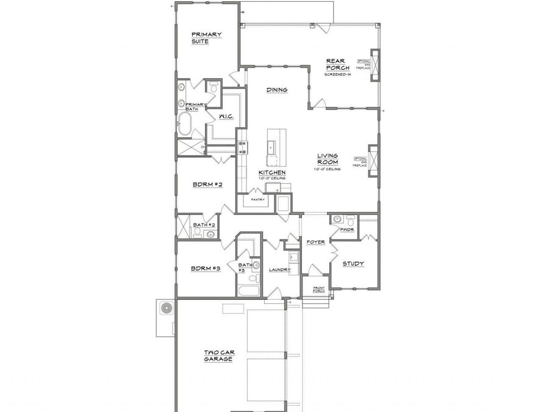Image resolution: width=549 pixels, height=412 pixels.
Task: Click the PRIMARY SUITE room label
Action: coord(206,38)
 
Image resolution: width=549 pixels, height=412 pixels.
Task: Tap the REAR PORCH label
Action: coord(337,64)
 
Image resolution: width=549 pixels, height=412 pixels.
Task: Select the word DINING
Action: coord(276,90)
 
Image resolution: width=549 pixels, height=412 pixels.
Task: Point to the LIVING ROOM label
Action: coord(327,159)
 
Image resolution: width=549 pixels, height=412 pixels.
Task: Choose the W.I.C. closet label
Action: coord(218,116)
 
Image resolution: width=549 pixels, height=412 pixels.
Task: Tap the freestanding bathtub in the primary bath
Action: coord(184,123)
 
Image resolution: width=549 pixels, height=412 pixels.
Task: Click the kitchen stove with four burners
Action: coord(243,147)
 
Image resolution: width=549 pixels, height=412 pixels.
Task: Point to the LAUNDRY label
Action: coord(280,269)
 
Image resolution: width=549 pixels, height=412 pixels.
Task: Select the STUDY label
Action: coord(353,264)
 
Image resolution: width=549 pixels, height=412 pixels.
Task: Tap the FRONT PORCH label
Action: coord(318,289)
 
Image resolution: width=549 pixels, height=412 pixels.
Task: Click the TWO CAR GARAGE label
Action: coord(218,356)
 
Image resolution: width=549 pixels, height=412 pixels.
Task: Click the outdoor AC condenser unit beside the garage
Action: coord(166,309)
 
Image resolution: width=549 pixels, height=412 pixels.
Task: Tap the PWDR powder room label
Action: coord(347,229)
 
